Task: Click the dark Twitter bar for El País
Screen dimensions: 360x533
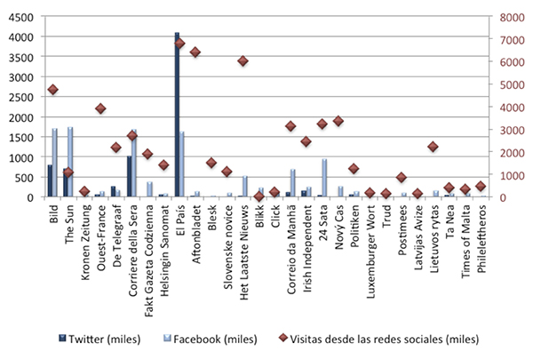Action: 177,116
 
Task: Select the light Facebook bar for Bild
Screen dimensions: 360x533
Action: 55,163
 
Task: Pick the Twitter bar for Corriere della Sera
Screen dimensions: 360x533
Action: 129,176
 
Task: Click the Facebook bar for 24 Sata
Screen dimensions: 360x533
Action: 325,178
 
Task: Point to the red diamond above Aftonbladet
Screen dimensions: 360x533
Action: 195,52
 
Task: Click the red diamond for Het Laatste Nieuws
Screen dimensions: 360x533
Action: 243,61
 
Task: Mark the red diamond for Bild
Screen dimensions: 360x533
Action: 52,90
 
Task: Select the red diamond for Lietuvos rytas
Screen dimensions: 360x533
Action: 433,147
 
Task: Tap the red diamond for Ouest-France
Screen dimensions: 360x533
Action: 100,108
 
